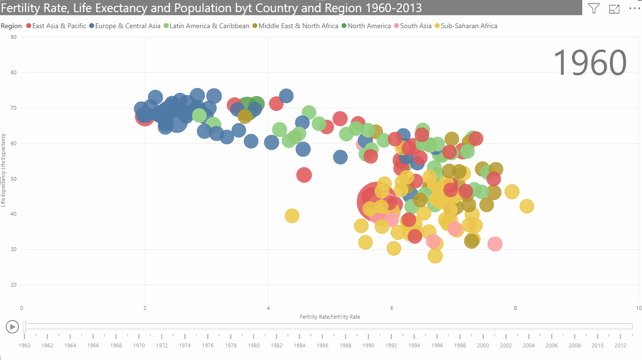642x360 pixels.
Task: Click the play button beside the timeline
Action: (x=12, y=327)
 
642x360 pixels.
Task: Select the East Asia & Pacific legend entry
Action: (x=59, y=26)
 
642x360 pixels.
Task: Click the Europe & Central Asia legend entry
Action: (x=128, y=26)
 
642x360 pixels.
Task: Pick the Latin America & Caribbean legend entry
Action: (x=209, y=26)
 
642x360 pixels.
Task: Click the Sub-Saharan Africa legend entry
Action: (x=469, y=26)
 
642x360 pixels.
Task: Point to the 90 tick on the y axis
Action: (x=14, y=37)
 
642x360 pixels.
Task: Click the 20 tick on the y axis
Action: (x=14, y=285)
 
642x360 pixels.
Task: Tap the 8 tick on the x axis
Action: (x=515, y=308)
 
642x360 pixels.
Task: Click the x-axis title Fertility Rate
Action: (x=330, y=317)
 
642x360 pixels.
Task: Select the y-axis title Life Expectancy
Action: (x=3, y=170)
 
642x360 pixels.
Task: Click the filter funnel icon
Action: (x=593, y=8)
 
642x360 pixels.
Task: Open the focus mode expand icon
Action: (x=614, y=8)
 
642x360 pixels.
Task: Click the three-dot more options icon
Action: (x=635, y=8)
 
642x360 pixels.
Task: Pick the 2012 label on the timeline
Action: (x=620, y=345)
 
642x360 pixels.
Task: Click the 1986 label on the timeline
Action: (x=322, y=345)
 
